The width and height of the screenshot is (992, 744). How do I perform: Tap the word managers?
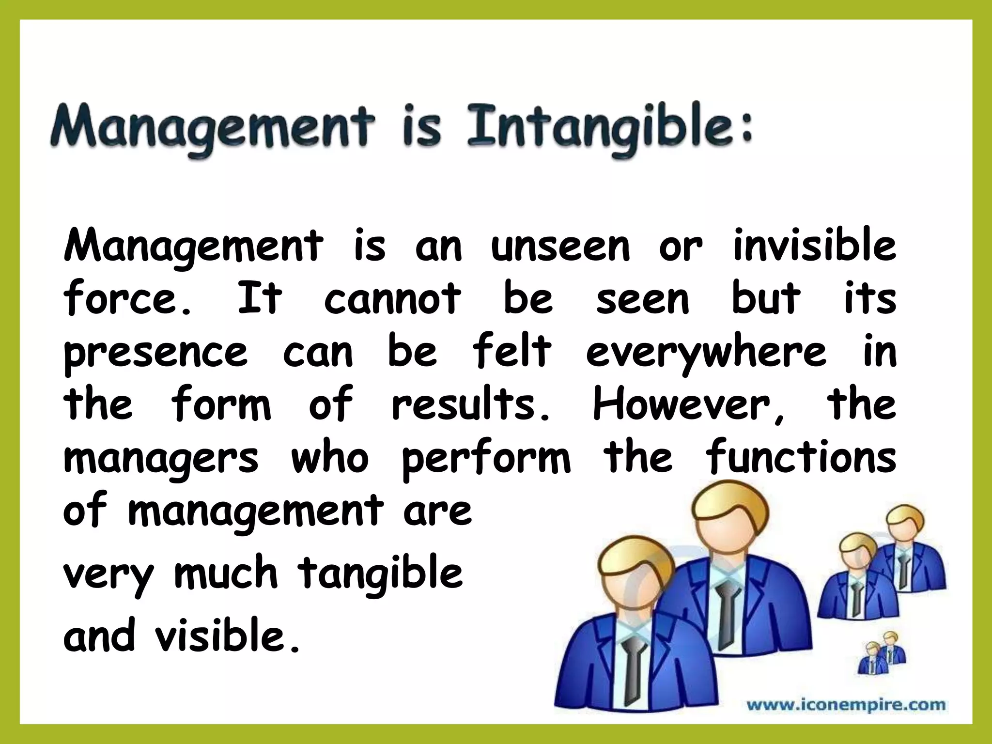pyautogui.click(x=161, y=459)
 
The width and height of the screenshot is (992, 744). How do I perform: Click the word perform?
pyautogui.click(x=486, y=459)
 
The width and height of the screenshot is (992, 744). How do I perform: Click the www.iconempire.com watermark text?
pyautogui.click(x=846, y=704)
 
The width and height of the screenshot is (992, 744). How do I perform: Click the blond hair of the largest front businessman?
pyautogui.click(x=635, y=557)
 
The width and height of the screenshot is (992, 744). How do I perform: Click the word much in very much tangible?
pyautogui.click(x=226, y=573)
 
